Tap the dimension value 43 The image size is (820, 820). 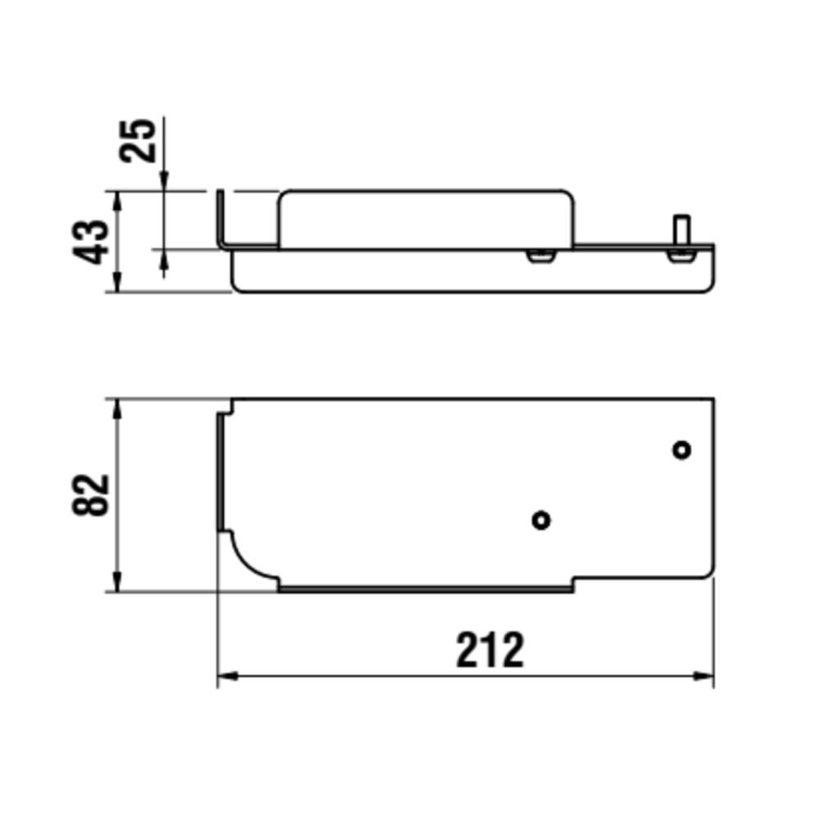(x=91, y=242)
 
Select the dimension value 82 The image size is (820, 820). (x=91, y=494)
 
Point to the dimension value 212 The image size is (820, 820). (x=490, y=649)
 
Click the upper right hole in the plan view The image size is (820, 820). (x=682, y=449)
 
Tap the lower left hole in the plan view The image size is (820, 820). (x=541, y=521)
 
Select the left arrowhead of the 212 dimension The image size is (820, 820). (x=227, y=676)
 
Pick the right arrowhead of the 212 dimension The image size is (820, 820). (x=704, y=676)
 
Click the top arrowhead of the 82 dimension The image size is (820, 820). (x=117, y=410)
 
